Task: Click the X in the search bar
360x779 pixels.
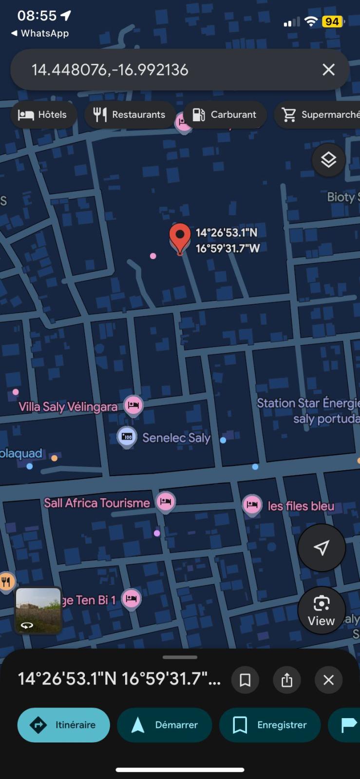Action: (329, 70)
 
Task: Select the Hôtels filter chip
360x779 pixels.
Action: (43, 115)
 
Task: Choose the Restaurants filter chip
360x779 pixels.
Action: (130, 115)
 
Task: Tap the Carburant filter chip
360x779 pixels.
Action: (225, 115)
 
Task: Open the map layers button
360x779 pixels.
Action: (328, 160)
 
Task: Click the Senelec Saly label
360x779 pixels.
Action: (176, 438)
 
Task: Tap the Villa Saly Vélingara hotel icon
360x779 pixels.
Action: (133, 405)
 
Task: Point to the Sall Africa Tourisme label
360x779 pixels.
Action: (97, 503)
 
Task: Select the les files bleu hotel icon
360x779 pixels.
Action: (252, 505)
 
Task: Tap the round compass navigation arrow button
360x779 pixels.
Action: (322, 548)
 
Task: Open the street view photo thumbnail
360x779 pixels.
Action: (38, 610)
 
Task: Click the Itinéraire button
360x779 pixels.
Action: (64, 725)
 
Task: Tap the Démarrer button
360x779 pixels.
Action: (165, 725)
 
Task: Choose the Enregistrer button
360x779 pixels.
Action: (270, 725)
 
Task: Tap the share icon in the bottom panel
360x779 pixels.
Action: (287, 680)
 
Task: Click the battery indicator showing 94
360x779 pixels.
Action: (333, 21)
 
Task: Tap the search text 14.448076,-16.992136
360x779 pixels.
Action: (110, 70)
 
